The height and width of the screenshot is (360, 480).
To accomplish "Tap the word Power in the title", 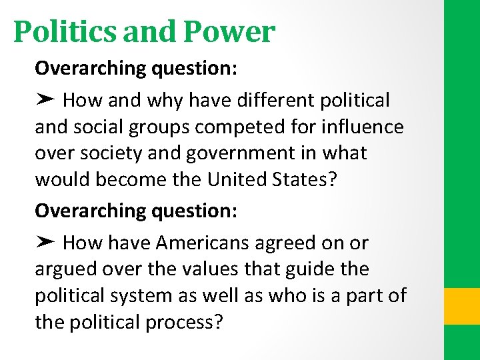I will pyautogui.click(x=229, y=31).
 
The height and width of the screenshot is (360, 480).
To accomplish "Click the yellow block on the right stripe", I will pyautogui.click(x=461, y=305).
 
